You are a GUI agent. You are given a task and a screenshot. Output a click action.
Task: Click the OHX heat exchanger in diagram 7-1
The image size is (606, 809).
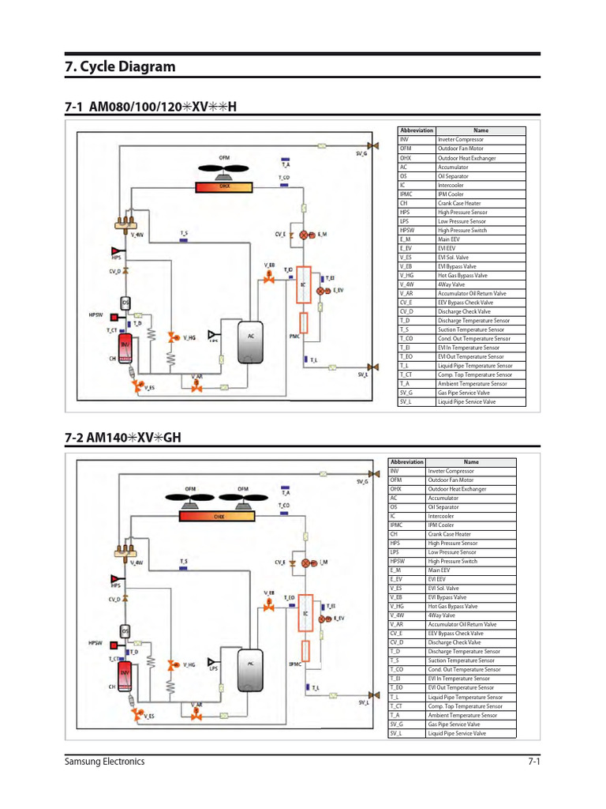tap(225, 187)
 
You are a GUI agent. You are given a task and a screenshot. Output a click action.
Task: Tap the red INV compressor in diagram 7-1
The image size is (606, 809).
tap(125, 348)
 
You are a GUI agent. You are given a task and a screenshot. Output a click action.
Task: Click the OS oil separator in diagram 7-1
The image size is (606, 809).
tap(125, 303)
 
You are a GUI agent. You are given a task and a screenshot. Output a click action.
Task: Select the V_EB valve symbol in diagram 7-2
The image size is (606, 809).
tap(268, 603)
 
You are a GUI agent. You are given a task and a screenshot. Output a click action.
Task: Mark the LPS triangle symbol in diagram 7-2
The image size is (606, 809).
tap(212, 660)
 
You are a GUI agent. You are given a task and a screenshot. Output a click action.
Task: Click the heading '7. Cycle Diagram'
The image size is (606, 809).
tap(119, 66)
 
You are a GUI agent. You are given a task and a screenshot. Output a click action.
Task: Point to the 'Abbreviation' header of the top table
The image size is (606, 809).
tap(417, 130)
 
